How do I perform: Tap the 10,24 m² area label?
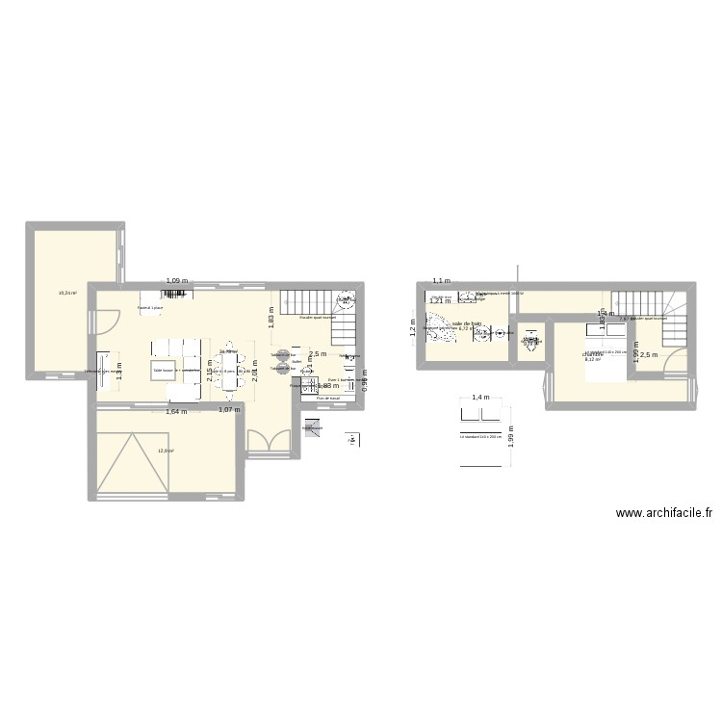(66, 294)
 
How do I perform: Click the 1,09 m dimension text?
(177, 281)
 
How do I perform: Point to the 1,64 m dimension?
(176, 412)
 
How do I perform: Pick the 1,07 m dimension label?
(229, 411)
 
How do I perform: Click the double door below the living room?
(263, 441)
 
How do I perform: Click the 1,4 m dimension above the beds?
(479, 398)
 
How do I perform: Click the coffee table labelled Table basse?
(163, 370)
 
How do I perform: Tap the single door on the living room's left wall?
(108, 318)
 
